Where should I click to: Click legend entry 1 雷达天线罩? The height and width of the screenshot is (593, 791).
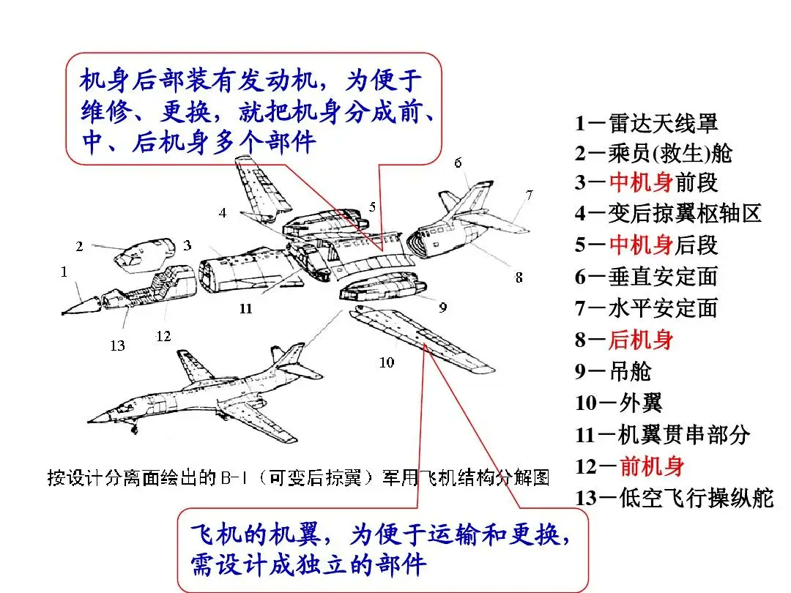(646, 123)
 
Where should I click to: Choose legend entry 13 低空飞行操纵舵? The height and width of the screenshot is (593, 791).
(674, 498)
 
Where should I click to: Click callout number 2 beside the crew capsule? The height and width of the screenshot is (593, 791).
(79, 246)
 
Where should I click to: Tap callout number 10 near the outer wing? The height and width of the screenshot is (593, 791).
(387, 362)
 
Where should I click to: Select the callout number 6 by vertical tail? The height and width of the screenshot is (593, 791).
(458, 163)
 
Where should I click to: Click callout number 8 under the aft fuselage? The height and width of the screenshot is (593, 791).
(519, 277)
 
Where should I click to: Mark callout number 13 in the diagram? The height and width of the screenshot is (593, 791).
(118, 346)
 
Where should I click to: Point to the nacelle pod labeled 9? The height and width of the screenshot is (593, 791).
(382, 288)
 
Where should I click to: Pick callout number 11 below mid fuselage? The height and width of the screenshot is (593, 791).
(245, 309)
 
